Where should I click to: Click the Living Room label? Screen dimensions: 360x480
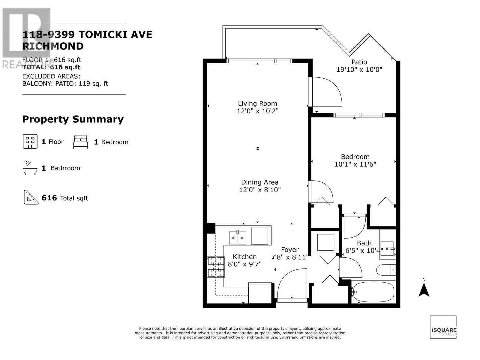click(x=257, y=103)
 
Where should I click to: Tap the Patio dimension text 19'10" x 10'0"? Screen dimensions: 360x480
click(x=359, y=70)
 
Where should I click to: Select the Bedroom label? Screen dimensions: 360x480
click(x=355, y=157)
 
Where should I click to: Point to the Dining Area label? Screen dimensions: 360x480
click(x=260, y=182)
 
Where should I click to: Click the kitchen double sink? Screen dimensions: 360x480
click(x=238, y=238)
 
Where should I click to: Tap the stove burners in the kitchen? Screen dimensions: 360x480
click(x=216, y=267)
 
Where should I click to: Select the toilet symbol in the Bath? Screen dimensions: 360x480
click(x=386, y=270)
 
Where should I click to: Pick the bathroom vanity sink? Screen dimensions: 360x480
click(x=387, y=249)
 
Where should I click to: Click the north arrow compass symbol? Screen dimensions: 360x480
click(x=424, y=289)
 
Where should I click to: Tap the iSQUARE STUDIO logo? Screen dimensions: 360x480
click(x=443, y=327)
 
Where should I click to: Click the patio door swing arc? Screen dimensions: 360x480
click(x=328, y=91)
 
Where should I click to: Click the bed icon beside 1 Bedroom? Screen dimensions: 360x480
click(x=81, y=142)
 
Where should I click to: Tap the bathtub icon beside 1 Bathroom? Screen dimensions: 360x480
click(x=30, y=168)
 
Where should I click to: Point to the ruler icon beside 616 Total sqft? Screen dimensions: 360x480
click(x=31, y=197)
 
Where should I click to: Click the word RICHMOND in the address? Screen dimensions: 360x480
click(x=53, y=46)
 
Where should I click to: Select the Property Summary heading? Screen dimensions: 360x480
click(x=73, y=119)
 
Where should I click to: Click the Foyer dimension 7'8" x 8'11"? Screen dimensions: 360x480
click(x=290, y=257)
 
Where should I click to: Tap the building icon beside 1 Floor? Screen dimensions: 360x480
click(x=30, y=141)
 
